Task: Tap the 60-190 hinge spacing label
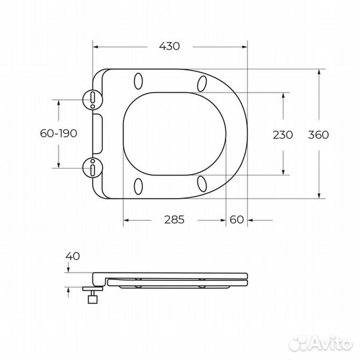[59, 133]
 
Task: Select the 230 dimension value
[283, 134]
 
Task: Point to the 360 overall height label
[318, 134]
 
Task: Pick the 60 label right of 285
[236, 219]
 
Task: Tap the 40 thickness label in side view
[73, 255]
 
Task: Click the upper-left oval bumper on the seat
[139, 81]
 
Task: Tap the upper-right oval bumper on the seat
[202, 82]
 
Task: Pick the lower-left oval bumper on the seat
[139, 185]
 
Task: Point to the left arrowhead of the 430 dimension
[95, 47]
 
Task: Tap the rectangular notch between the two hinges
[99, 133]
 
